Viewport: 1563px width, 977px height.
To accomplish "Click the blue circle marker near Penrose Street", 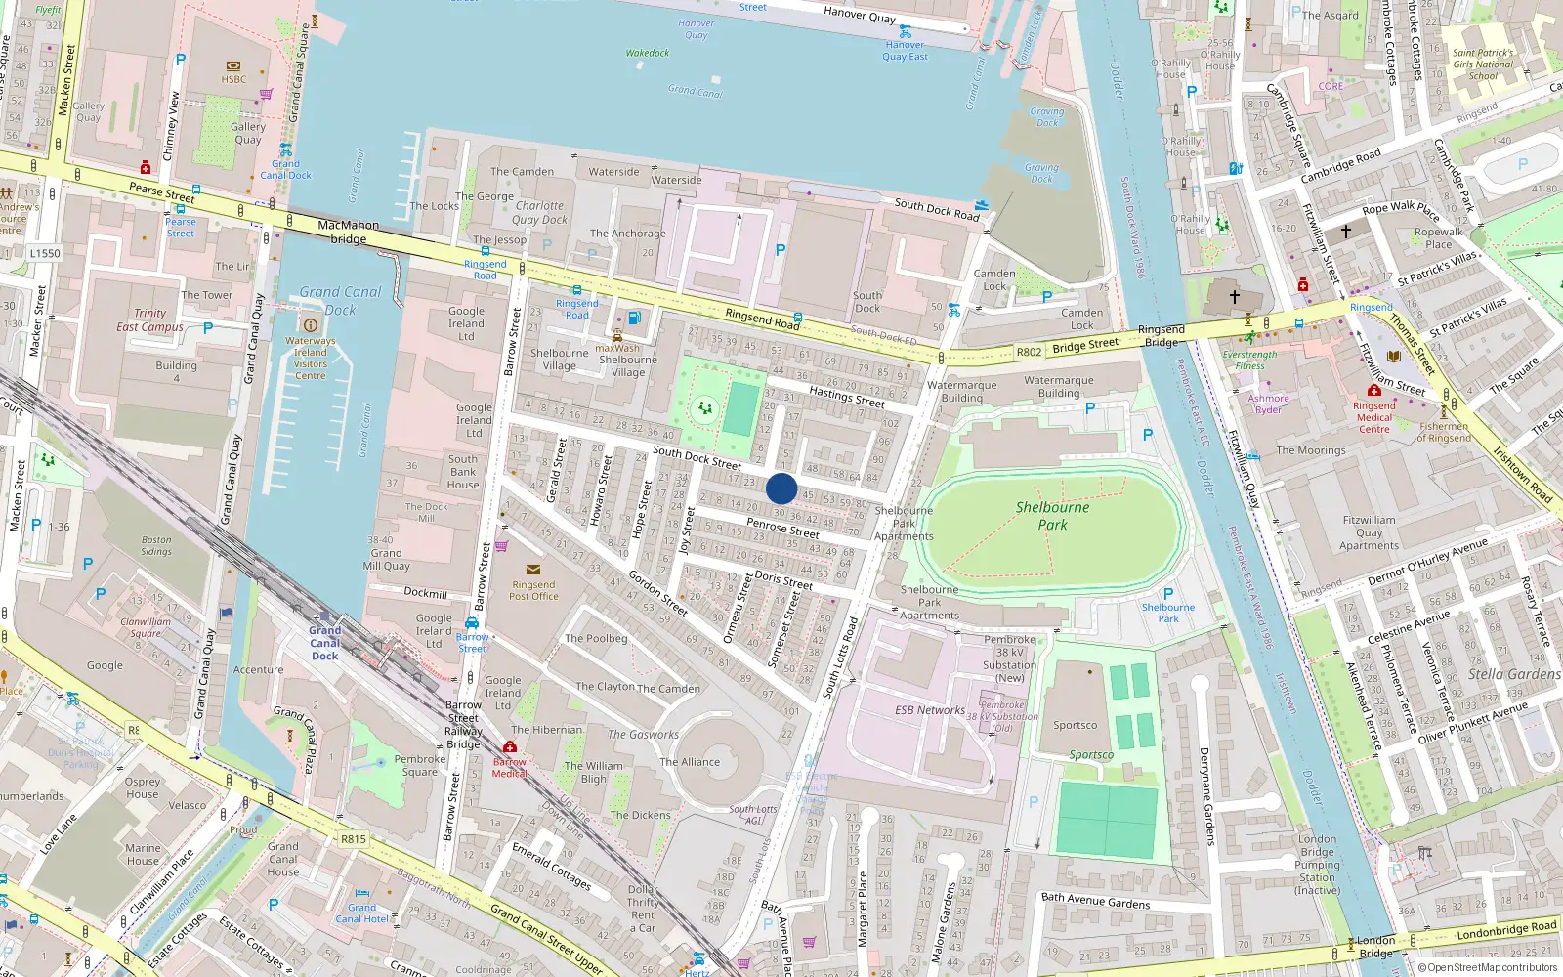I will (x=781, y=488).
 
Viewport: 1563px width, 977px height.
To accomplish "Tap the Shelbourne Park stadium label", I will (x=1052, y=516).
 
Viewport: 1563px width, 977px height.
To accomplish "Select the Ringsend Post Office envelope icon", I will (x=532, y=570).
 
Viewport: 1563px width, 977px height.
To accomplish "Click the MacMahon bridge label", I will (x=349, y=232).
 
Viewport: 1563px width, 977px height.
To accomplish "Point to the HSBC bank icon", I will (x=233, y=66).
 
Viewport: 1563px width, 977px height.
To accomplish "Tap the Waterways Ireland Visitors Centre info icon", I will (x=311, y=325).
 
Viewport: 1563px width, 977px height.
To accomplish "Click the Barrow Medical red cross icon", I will (x=509, y=747).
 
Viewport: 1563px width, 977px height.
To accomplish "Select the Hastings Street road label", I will (x=846, y=396).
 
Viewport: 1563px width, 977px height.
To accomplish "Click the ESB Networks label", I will (x=929, y=710).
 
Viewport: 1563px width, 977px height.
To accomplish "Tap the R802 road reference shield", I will (x=1029, y=352).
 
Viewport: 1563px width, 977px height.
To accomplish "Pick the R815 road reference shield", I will (x=353, y=838).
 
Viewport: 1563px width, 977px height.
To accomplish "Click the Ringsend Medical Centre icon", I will (x=1373, y=391).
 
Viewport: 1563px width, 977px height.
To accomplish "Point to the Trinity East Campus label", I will (x=149, y=320).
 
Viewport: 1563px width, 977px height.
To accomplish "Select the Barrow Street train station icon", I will (x=472, y=623).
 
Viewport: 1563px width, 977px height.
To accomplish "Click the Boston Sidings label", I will (x=156, y=545).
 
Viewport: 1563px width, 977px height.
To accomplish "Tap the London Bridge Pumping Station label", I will (x=1317, y=865).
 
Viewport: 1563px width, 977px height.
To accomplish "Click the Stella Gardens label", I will (x=1513, y=674).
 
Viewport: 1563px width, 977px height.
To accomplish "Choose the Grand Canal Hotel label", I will (x=362, y=913).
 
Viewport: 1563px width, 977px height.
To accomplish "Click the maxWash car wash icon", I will (x=616, y=336).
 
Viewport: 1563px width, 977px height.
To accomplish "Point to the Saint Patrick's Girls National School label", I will (x=1482, y=64).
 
